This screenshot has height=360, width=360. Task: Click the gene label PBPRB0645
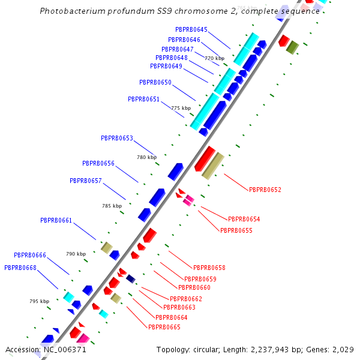191,29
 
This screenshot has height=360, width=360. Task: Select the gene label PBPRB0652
265,190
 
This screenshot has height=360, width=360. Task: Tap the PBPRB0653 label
117,138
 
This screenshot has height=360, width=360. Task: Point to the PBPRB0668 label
20,267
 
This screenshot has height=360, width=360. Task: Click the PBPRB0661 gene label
56,220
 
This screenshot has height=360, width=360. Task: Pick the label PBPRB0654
244,219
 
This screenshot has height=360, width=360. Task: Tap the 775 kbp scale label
181,108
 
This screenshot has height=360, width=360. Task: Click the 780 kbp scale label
146,157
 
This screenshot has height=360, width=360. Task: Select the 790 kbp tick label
76,254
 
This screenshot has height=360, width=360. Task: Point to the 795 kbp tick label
39,301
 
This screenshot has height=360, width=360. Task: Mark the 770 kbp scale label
214,58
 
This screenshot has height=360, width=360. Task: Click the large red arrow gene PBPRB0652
205,158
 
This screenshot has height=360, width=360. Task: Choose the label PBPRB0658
209,268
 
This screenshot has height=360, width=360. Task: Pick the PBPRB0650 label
155,82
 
